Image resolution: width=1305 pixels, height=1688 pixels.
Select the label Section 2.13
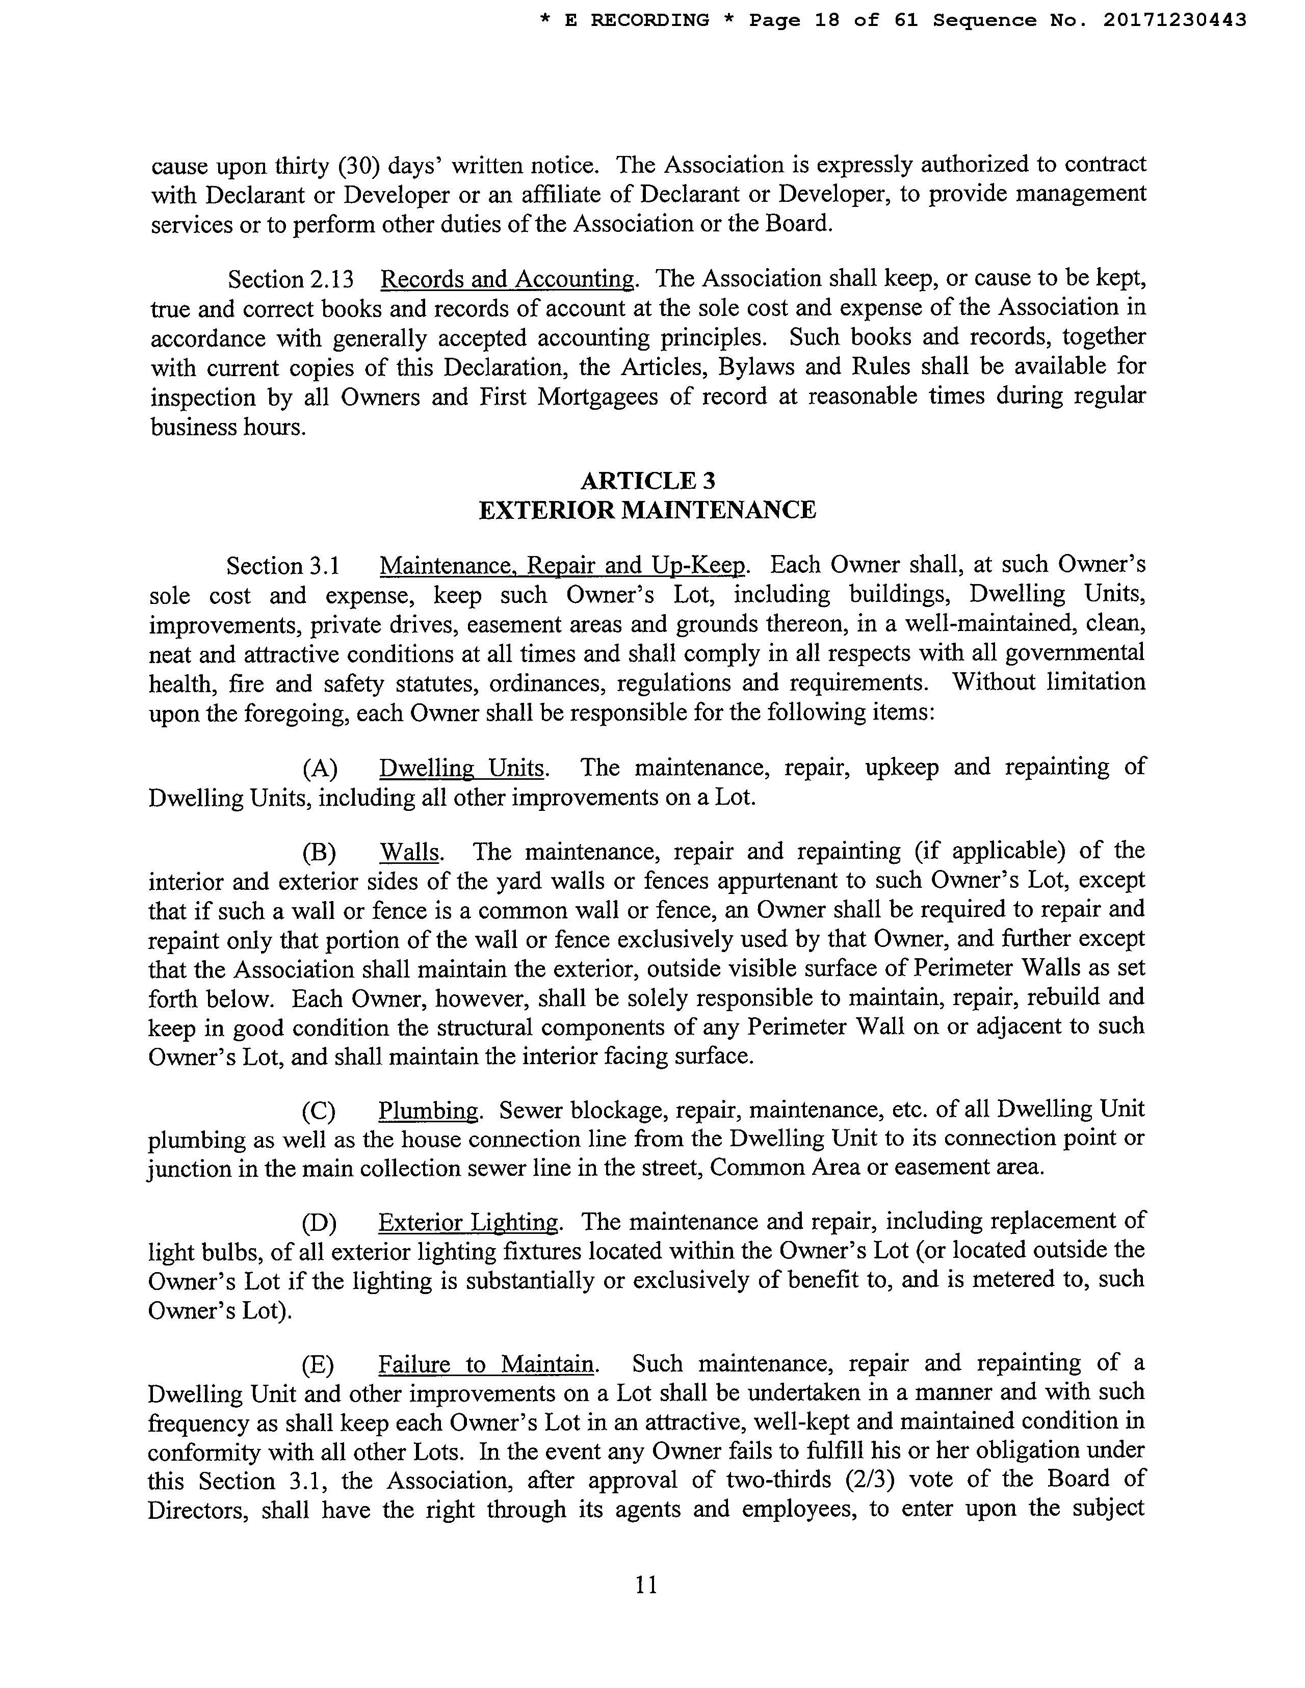(x=291, y=279)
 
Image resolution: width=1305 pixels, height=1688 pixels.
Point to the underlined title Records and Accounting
(x=508, y=279)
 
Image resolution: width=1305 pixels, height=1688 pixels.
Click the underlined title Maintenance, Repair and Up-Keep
(x=563, y=566)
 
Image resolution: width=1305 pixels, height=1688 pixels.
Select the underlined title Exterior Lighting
(x=468, y=1222)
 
